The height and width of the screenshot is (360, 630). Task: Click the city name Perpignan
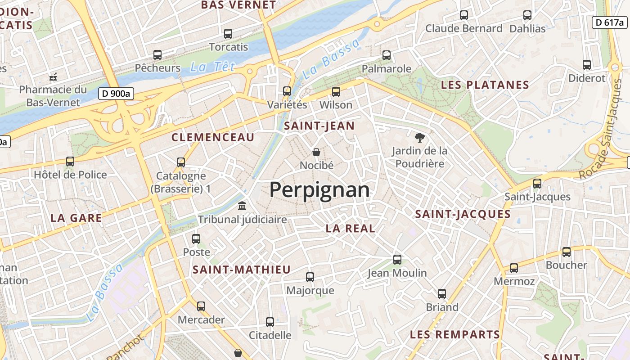pyautogui.click(x=319, y=190)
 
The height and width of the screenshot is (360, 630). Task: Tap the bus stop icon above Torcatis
pyautogui.click(x=228, y=33)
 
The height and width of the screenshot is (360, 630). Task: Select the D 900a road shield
pyautogui.click(x=116, y=94)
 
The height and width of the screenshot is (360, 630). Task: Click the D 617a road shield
pyautogui.click(x=608, y=22)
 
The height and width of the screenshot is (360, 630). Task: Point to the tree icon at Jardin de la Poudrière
pyautogui.click(x=419, y=137)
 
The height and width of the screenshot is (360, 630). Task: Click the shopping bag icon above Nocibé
pyautogui.click(x=316, y=152)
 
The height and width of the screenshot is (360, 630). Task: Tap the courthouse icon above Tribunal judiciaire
pyautogui.click(x=242, y=206)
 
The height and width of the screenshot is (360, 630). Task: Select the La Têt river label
pyautogui.click(x=212, y=67)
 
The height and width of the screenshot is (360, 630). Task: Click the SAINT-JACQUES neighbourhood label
pyautogui.click(x=463, y=214)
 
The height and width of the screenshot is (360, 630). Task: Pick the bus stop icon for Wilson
pyautogui.click(x=336, y=92)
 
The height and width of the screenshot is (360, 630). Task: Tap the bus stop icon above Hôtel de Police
pyautogui.click(x=70, y=161)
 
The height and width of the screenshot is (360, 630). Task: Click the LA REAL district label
pyautogui.click(x=350, y=229)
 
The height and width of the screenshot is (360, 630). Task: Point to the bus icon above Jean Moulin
pyautogui.click(x=397, y=259)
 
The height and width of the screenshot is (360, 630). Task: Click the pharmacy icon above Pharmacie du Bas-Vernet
pyautogui.click(x=53, y=76)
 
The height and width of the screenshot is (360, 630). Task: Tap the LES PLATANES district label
pyautogui.click(x=485, y=85)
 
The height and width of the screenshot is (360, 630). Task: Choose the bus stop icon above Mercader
pyautogui.click(x=201, y=306)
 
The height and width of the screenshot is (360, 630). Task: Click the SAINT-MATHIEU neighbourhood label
pyautogui.click(x=242, y=270)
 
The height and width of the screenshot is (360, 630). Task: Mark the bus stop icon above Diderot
pyautogui.click(x=587, y=65)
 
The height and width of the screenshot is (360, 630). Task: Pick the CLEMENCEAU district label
pyautogui.click(x=213, y=138)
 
